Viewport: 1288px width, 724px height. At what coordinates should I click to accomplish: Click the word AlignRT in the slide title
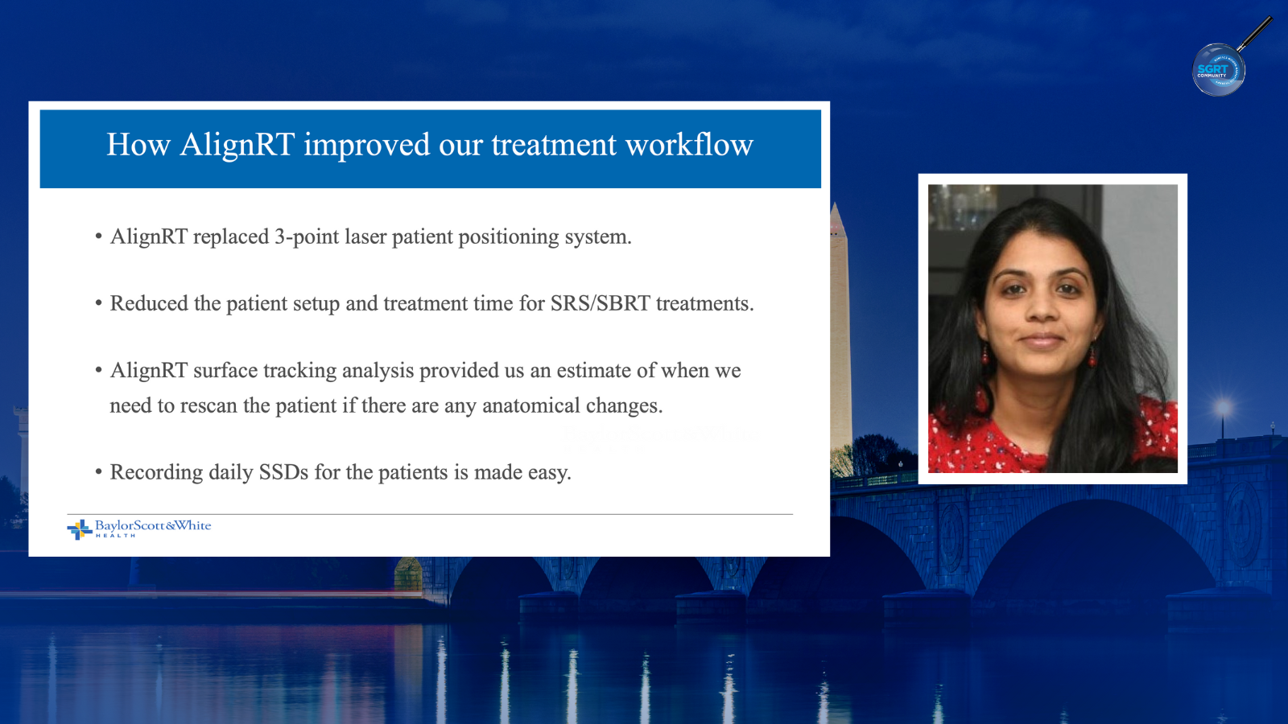tap(237, 145)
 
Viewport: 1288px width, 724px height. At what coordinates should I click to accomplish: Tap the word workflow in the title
tap(689, 144)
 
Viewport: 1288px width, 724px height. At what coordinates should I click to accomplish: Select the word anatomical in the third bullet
tap(530, 405)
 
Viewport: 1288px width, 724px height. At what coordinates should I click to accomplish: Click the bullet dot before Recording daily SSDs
tap(99, 472)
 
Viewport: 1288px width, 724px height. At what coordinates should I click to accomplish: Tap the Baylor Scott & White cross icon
tap(80, 529)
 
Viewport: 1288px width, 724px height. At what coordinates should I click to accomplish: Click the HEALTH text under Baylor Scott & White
tap(116, 536)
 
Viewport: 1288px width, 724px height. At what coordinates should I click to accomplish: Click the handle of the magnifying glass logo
tap(1255, 33)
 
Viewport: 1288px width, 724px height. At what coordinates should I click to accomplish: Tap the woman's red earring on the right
tap(1092, 356)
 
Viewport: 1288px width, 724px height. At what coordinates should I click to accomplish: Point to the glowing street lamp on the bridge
tap(1223, 408)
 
